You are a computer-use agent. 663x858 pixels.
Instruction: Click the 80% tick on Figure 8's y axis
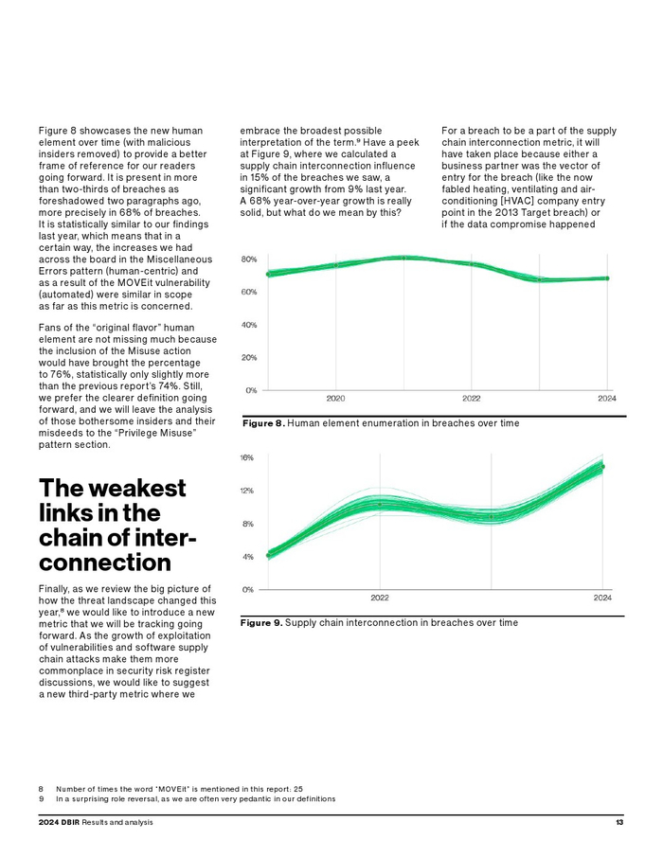(x=248, y=259)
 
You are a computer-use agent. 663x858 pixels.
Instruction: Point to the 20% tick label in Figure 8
(x=248, y=357)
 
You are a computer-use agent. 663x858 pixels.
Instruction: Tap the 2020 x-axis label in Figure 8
(x=336, y=399)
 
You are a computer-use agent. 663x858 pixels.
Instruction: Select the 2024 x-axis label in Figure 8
(x=607, y=399)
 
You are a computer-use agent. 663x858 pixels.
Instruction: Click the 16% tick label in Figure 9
(x=247, y=457)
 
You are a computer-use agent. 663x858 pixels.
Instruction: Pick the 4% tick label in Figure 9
(x=247, y=557)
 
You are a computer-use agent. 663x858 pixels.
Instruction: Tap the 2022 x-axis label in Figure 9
(x=380, y=598)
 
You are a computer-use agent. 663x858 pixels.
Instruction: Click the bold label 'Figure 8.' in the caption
(x=263, y=423)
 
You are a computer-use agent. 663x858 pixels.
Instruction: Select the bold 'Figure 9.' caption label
(x=261, y=623)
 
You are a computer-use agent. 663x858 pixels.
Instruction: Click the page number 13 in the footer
(x=618, y=822)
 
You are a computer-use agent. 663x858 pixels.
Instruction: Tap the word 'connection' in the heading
(x=105, y=563)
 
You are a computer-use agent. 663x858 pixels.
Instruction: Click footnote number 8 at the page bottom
(x=42, y=788)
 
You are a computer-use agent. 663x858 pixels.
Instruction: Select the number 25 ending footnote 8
(x=297, y=788)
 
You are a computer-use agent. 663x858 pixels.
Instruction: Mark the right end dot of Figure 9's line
(x=602, y=466)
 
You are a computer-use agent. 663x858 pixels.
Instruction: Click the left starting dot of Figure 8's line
(x=269, y=275)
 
